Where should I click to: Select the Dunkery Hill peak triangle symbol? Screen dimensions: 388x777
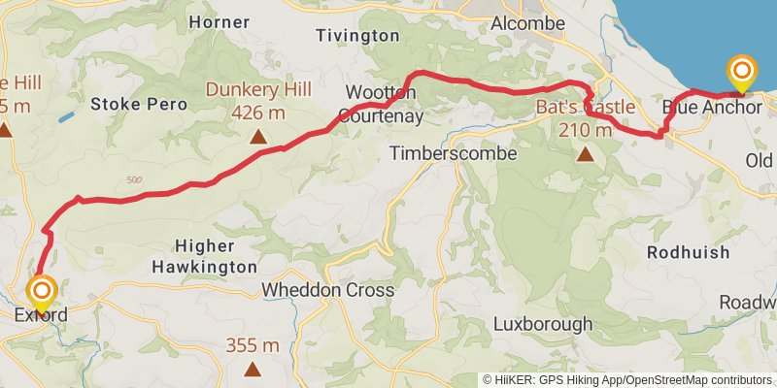click(258, 137)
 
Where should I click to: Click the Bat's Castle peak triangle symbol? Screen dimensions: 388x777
click(586, 153)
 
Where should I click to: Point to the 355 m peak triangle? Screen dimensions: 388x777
click(253, 368)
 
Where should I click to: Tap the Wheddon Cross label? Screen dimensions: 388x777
click(328, 290)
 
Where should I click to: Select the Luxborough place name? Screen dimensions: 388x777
click(542, 323)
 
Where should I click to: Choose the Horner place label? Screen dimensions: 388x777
click(218, 21)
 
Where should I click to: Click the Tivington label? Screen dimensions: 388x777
click(357, 35)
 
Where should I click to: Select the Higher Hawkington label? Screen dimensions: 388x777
click(204, 256)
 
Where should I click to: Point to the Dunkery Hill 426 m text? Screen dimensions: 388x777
click(258, 101)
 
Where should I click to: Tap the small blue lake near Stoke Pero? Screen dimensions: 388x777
click(65, 117)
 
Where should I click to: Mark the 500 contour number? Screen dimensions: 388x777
click(135, 179)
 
